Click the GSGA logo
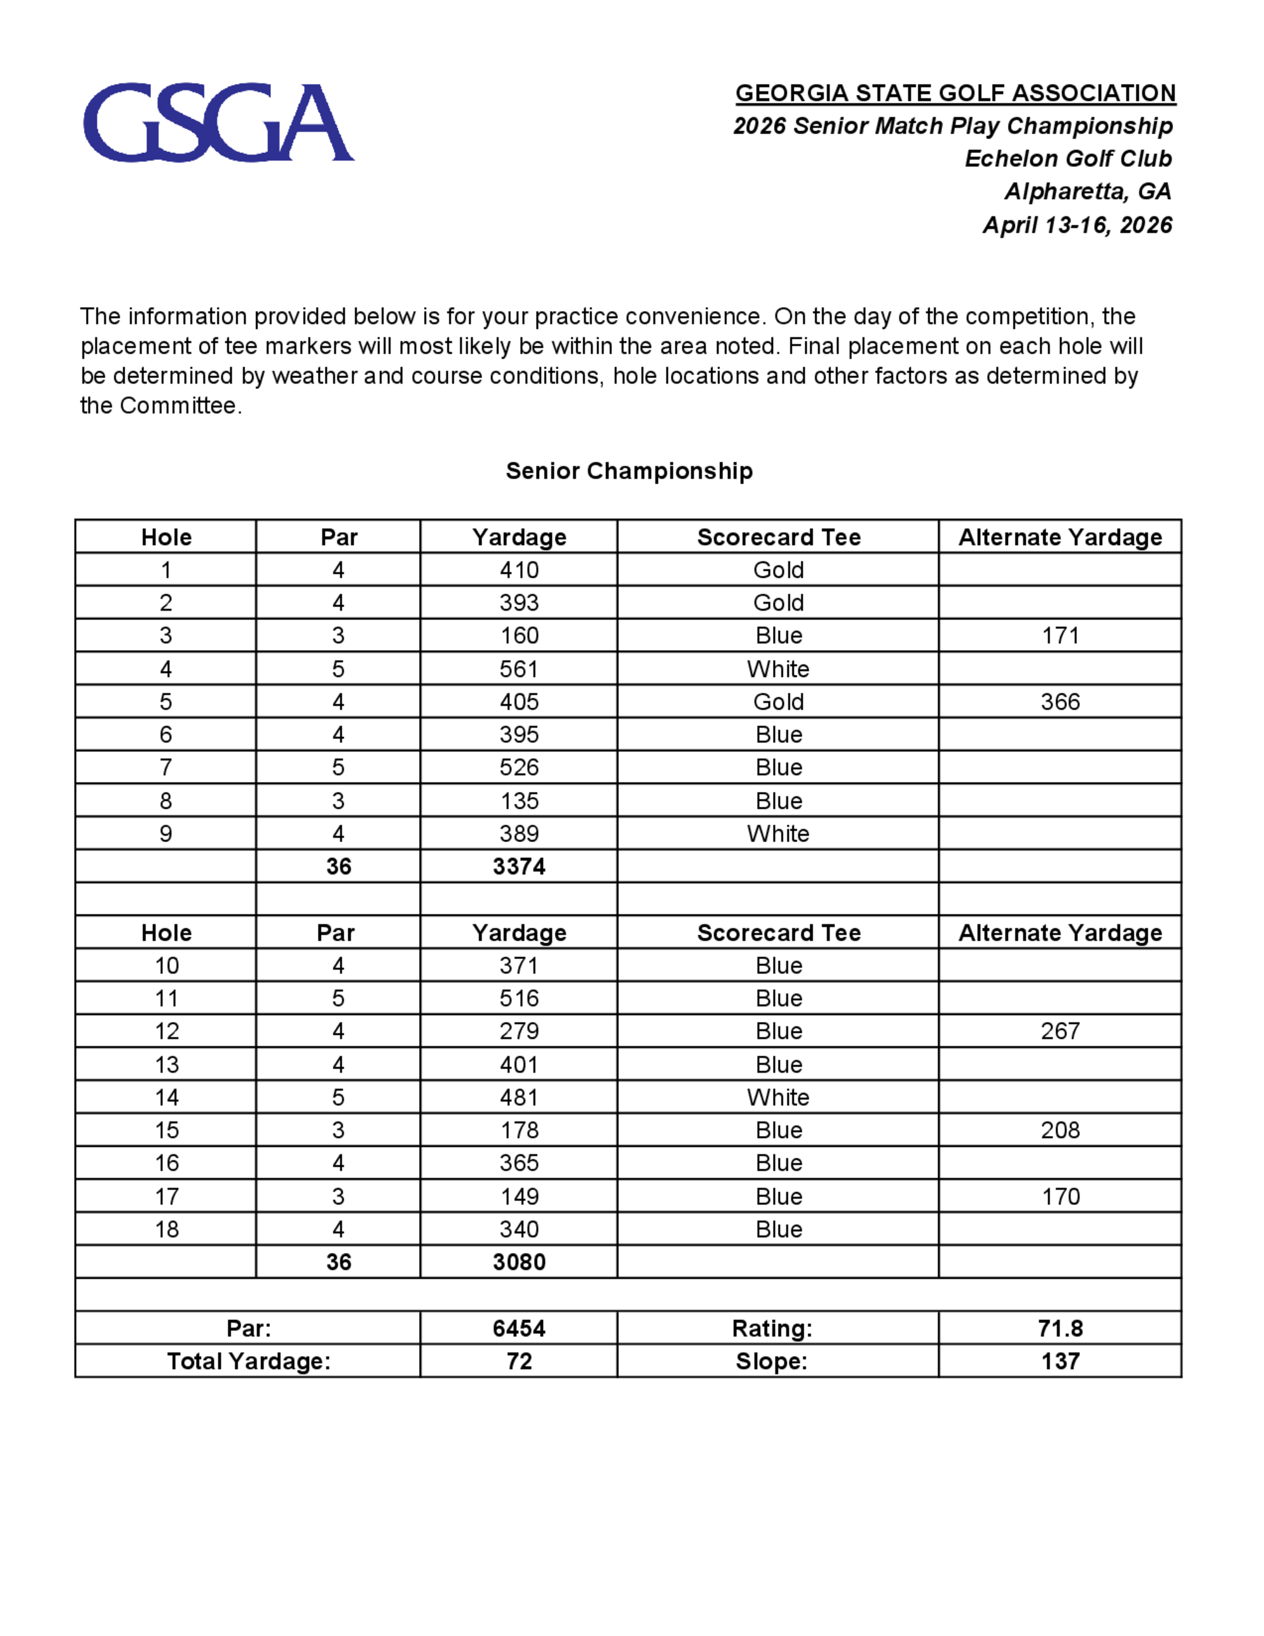click(218, 122)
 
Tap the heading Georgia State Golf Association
click(955, 93)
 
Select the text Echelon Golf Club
click(1068, 159)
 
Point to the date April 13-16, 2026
click(1077, 224)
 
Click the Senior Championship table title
click(629, 470)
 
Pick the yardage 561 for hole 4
click(519, 669)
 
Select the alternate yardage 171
click(1060, 636)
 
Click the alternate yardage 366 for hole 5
click(1060, 702)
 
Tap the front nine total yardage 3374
click(519, 867)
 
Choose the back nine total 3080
click(519, 1262)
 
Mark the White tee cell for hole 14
click(778, 1097)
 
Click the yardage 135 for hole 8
click(519, 801)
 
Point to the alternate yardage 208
click(1060, 1130)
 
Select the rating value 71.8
click(1060, 1328)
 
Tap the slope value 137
click(1060, 1361)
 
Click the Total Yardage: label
click(248, 1361)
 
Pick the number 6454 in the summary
click(519, 1328)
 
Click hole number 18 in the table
click(166, 1230)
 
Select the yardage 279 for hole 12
click(519, 1032)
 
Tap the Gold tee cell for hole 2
click(778, 603)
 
